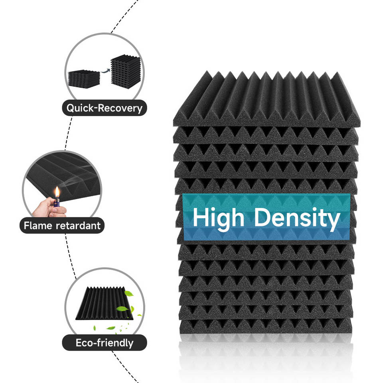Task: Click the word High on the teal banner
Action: point(218,218)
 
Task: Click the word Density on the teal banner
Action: point(297,218)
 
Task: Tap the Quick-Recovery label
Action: point(104,108)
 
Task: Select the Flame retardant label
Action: point(62,226)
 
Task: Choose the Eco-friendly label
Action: point(104,343)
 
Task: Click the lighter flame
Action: point(57,193)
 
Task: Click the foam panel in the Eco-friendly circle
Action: point(104,305)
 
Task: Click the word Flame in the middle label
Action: point(38,226)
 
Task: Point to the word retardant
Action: point(78,226)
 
